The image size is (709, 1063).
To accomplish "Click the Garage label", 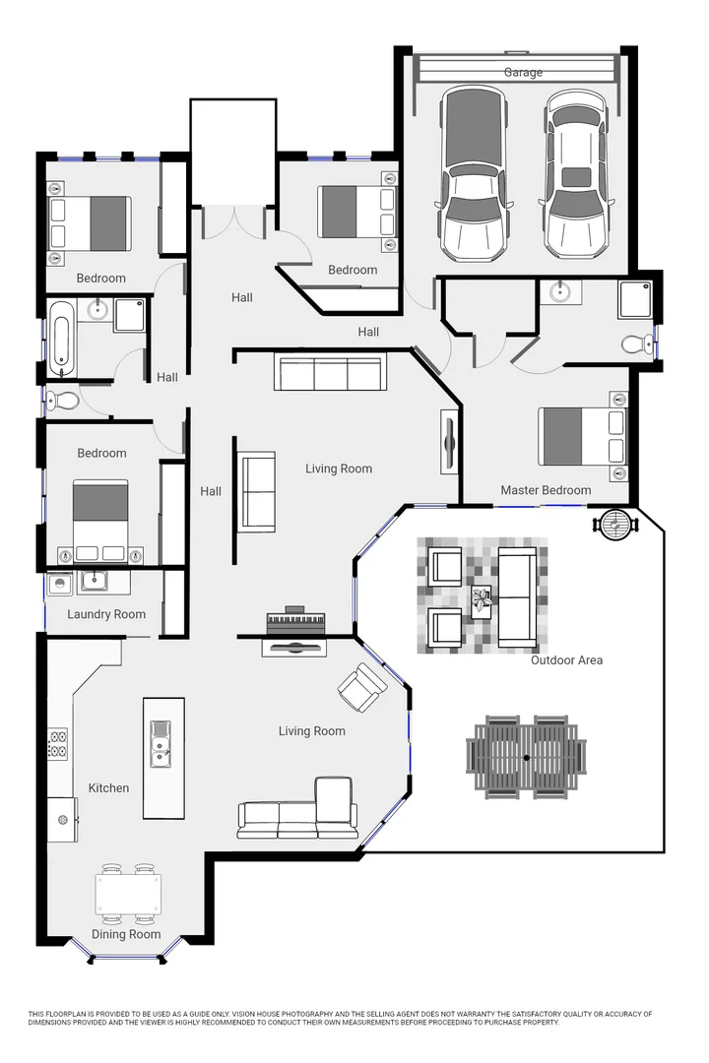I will pos(523,72).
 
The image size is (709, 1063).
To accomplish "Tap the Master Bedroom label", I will pos(546,490).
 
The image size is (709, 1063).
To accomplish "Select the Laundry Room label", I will pos(106,614).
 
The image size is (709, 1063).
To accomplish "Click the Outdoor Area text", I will pos(566,659).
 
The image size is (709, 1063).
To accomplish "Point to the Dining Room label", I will pos(126,934).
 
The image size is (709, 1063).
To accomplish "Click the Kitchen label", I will pos(108,787).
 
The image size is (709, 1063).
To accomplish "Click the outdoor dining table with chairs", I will pos(526,756).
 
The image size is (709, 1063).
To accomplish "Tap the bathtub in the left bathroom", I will pos(61,340).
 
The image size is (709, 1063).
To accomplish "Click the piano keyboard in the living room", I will pos(295,623).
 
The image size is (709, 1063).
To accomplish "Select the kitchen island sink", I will pos(160,743).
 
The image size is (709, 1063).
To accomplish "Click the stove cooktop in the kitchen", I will pos(57,743).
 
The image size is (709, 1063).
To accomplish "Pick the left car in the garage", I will pos(474,175).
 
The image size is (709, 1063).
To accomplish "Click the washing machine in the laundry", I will pos(61,583).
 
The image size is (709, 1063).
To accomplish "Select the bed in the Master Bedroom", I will pos(581,437).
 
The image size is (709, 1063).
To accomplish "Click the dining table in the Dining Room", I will pos(128,894).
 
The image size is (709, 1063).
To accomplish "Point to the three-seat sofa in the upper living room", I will pos(330,375).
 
